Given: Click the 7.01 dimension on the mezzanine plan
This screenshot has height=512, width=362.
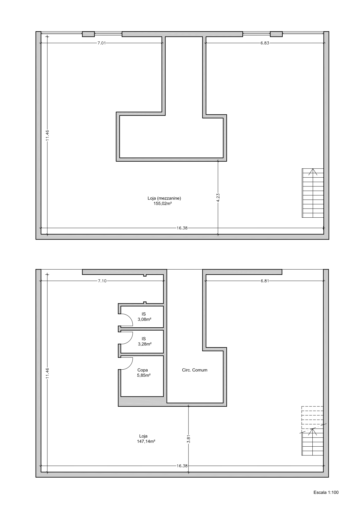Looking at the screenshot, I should click(102, 43).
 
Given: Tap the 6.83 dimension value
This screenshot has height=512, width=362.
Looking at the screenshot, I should click(265, 43).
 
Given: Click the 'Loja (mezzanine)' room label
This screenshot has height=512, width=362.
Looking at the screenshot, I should click(164, 198).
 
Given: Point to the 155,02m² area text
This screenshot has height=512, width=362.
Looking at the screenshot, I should click(162, 204).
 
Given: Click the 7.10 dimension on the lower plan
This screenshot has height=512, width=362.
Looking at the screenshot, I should click(102, 281).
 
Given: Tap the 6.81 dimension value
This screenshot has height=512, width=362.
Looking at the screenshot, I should click(265, 281).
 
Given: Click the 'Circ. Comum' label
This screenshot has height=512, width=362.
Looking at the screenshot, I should click(195, 370).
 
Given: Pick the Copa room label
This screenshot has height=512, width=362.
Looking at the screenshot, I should click(143, 370).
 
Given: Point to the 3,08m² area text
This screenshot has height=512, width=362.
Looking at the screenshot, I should click(144, 319).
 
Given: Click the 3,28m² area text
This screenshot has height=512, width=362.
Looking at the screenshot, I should click(144, 344).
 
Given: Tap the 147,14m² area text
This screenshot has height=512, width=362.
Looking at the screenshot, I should click(146, 441).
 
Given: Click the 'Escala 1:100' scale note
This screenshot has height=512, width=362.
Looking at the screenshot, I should click(326, 492).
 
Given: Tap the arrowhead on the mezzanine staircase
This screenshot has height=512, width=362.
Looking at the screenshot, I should click(313, 172).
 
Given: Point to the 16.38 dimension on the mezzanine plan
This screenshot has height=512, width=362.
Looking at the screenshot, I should click(182, 228).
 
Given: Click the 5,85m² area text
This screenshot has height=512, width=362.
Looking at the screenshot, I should click(144, 375).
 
